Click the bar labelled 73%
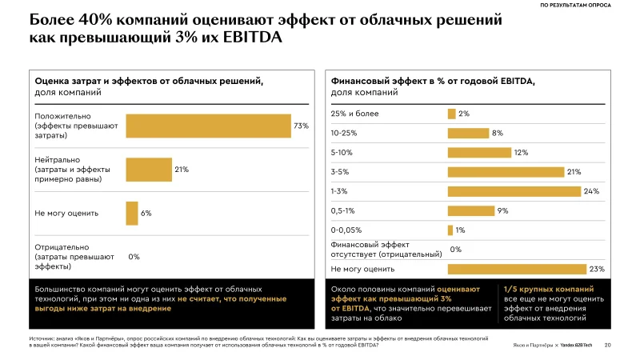pyautogui.click(x=208, y=126)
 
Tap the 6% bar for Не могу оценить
pyautogui.click(x=132, y=213)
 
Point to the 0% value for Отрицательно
pyautogui.click(x=134, y=257)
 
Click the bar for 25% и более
pyautogui.click(x=451, y=114)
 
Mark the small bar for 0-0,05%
pyautogui.click(x=450, y=230)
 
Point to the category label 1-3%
pyautogui.click(x=339, y=191)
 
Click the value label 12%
pyautogui.click(x=521, y=152)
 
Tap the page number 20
pyautogui.click(x=608, y=345)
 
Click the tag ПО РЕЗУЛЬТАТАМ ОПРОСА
pyautogui.click(x=576, y=6)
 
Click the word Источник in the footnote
pyautogui.click(x=42, y=339)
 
